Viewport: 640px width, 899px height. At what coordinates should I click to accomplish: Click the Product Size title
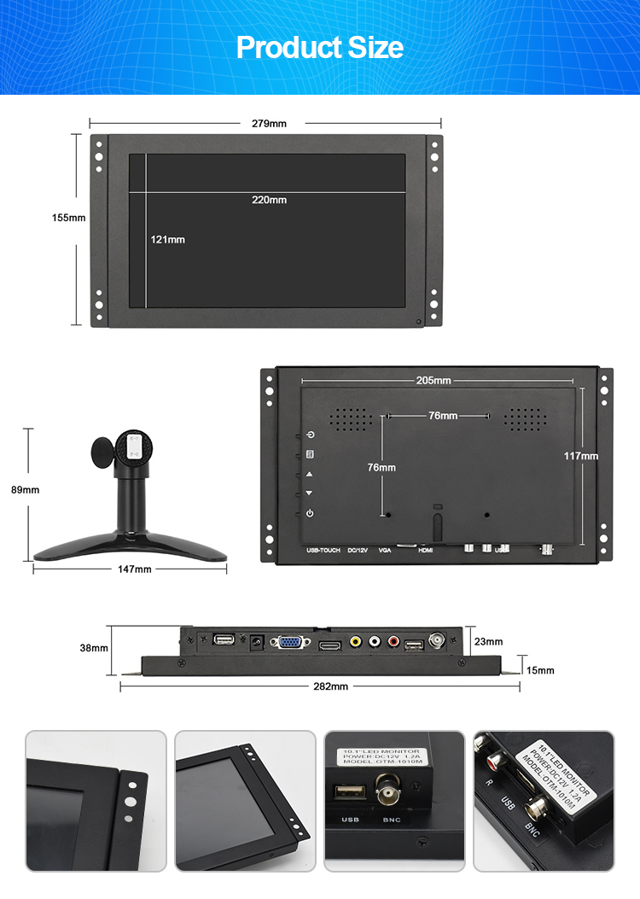click(x=320, y=47)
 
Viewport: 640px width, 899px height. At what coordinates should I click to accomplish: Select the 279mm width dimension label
click(x=269, y=123)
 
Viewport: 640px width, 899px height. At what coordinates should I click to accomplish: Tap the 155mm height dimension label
click(x=68, y=218)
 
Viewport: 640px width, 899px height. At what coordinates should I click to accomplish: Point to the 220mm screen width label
click(x=269, y=200)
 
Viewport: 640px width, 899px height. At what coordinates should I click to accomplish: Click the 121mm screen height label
click(x=168, y=240)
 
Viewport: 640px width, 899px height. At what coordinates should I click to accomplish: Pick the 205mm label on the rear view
click(x=433, y=380)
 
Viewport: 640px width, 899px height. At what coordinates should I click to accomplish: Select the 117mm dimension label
click(x=580, y=456)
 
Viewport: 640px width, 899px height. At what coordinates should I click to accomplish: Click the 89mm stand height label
click(x=26, y=490)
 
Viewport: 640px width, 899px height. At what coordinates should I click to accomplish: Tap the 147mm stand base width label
click(x=134, y=569)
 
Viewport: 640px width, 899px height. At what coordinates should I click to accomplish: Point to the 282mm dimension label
click(x=330, y=686)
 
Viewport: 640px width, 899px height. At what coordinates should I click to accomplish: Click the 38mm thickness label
click(x=94, y=648)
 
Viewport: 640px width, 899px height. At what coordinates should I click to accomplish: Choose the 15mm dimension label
click(x=540, y=670)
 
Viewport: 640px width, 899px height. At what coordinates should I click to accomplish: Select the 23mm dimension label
click(x=489, y=641)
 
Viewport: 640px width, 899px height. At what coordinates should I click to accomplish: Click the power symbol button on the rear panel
click(x=310, y=513)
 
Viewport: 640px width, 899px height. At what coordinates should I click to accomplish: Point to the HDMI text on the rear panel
click(x=426, y=551)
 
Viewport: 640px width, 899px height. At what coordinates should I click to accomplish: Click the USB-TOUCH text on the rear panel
click(x=323, y=551)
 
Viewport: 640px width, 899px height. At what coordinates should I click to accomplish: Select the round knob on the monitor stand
click(x=102, y=452)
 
